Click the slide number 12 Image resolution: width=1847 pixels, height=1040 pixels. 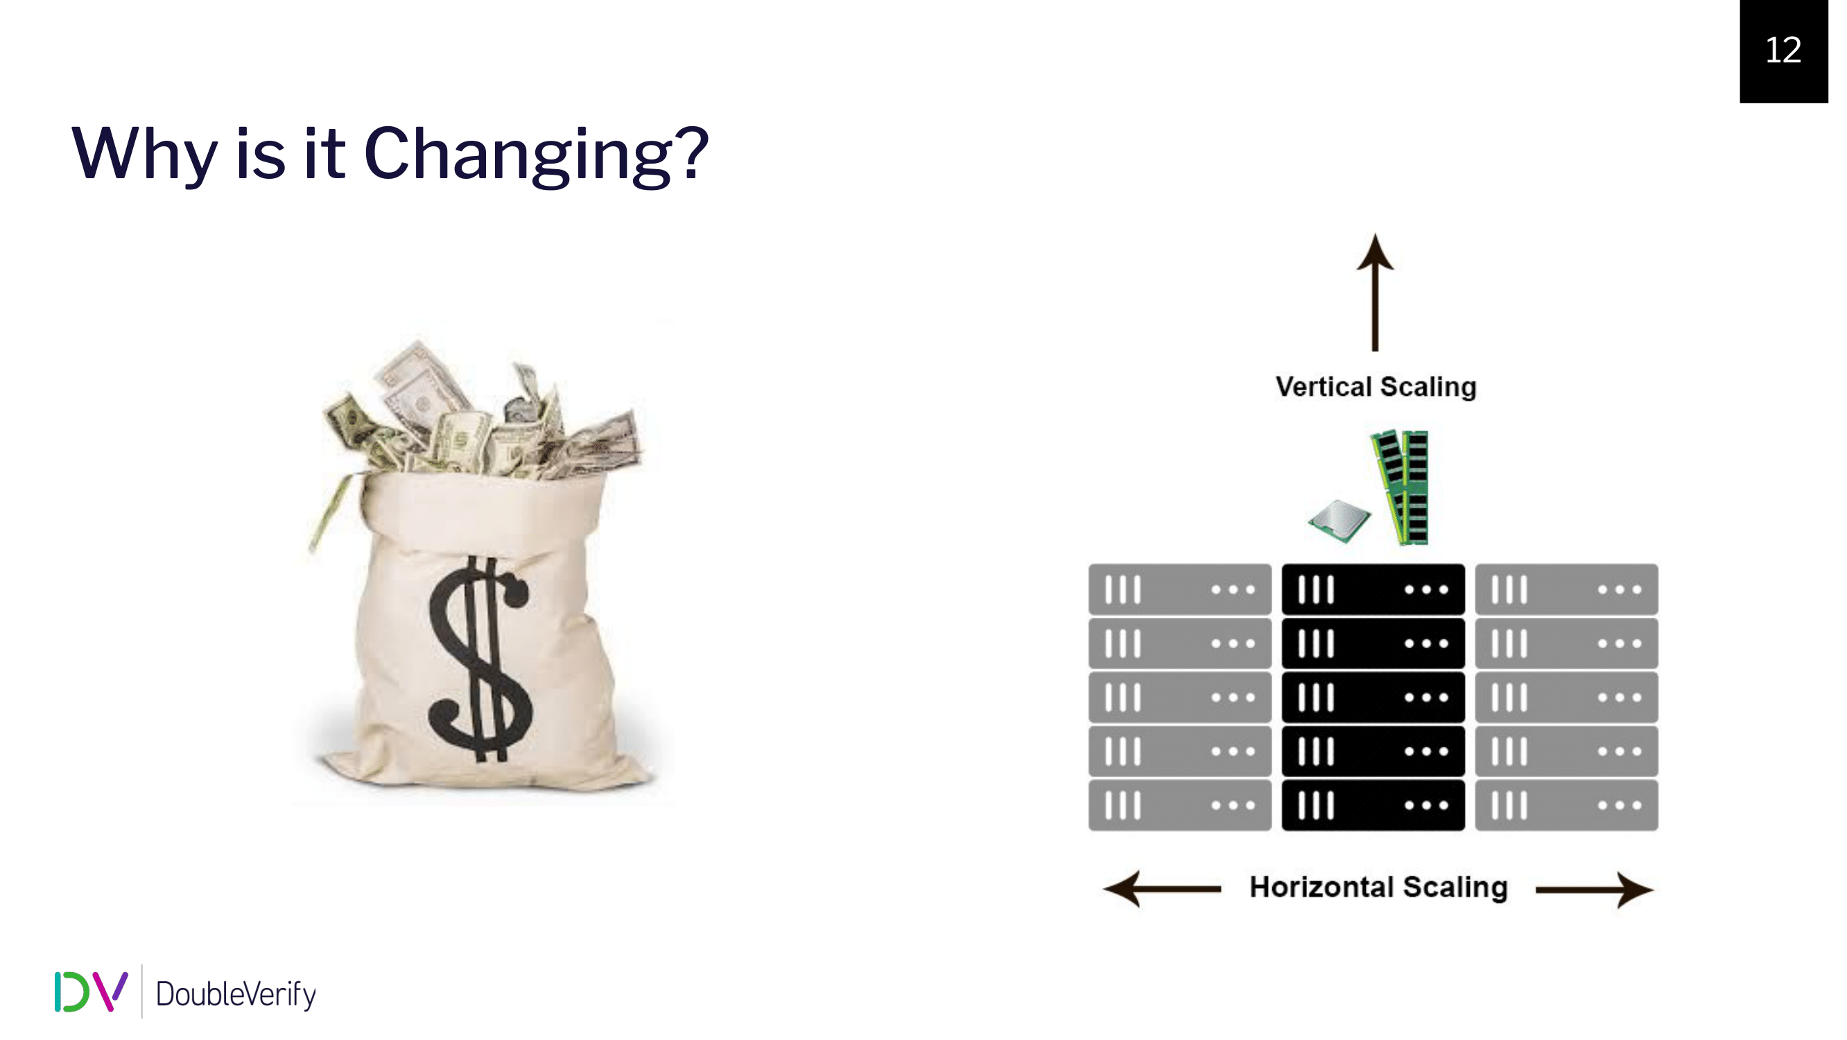[1783, 50]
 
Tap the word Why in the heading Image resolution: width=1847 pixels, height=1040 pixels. [144, 154]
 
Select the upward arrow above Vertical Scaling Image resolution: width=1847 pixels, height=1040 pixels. [1376, 292]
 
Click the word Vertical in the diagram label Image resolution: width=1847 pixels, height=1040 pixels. [1324, 387]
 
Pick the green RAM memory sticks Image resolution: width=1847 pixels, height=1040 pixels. [1401, 487]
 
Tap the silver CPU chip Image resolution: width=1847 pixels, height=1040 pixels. [1339, 521]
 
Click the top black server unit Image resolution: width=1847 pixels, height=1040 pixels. [1373, 589]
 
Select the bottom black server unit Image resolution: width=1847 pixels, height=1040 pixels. [1373, 806]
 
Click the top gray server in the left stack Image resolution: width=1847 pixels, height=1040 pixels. [1179, 589]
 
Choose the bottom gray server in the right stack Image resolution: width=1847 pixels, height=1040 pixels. [1567, 806]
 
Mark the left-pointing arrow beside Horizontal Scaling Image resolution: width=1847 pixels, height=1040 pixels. [1161, 890]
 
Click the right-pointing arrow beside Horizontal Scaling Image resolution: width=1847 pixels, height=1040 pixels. [1595, 890]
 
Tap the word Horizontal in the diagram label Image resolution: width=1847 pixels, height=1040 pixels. [1321, 887]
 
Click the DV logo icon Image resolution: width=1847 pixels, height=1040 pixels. [91, 992]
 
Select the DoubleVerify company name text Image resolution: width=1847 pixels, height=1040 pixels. [236, 994]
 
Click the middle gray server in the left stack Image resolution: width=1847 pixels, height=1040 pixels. [1179, 697]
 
